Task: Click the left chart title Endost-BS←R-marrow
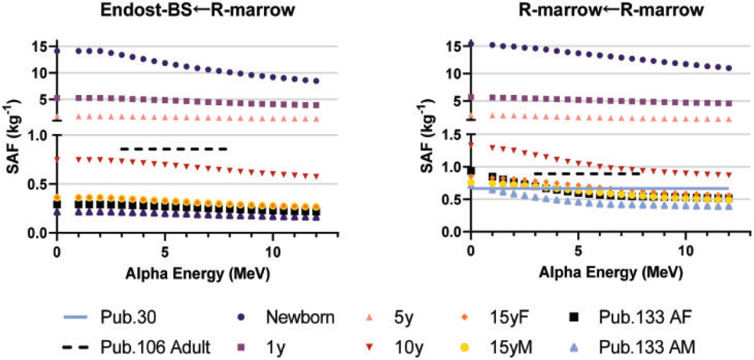[x=198, y=10]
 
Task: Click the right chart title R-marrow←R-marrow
[x=611, y=10]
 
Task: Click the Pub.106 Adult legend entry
[x=136, y=347]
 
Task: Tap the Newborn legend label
[x=300, y=317]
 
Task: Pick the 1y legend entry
[x=263, y=347]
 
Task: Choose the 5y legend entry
[x=390, y=317]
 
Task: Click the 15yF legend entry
[x=494, y=317]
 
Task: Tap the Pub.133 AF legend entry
[x=630, y=317]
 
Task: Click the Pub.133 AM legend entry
[x=632, y=347]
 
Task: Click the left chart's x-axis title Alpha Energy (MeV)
[x=198, y=273]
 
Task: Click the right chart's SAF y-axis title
[x=428, y=136]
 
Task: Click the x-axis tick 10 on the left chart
[x=272, y=252]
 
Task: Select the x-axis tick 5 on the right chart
[x=578, y=251]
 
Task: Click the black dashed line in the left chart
[x=174, y=149]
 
